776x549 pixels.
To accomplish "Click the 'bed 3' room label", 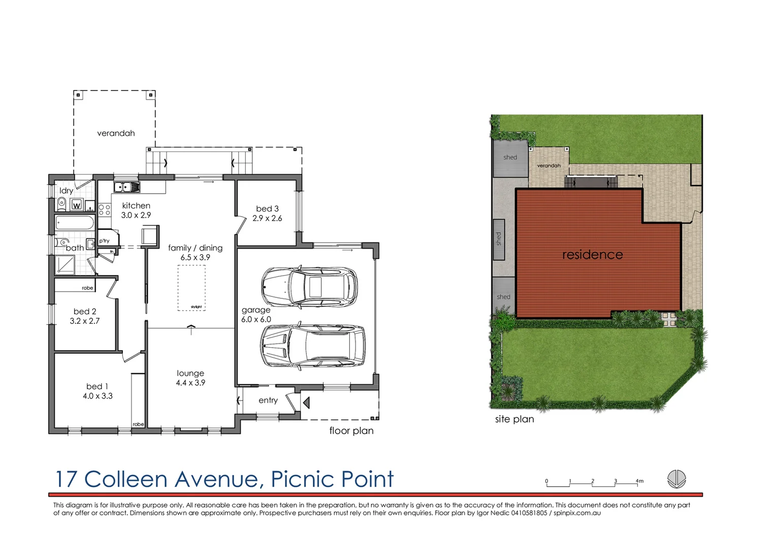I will pos(267,208).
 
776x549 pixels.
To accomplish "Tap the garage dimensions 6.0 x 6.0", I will pos(256,319).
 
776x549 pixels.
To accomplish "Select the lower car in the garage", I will pos(312,345).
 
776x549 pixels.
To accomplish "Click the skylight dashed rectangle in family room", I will pos(191,288).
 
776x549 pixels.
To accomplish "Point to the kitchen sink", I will pos(126,187).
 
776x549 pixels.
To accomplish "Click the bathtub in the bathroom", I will pos(75,224).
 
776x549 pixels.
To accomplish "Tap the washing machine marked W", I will pos(76,205).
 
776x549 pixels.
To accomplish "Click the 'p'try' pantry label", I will pos(104,241).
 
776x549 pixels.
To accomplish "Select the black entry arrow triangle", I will pos(306,403).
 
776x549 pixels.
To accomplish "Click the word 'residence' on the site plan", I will pos(592,255).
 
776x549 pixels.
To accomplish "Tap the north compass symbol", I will pos(676,479).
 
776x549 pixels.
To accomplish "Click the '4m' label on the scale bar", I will pos(639,481).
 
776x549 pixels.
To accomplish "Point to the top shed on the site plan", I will pos(510,158).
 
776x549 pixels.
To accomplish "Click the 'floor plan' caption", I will pos(351,431).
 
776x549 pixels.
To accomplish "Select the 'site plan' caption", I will pos(514,419).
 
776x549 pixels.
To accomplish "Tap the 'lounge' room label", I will pos(190,373).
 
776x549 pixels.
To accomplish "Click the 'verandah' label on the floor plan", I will pos(116,133).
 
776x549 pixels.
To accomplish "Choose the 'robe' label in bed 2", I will pos(87,288).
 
